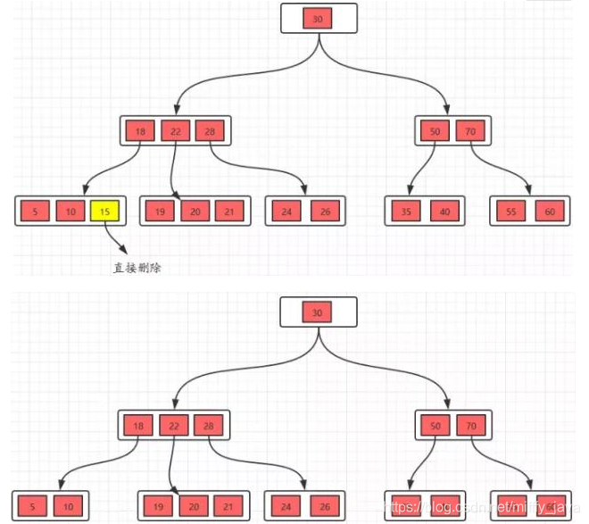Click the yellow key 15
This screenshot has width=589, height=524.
tap(105, 212)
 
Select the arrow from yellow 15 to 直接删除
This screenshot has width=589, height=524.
tap(114, 239)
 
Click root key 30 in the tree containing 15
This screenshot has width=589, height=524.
tap(319, 19)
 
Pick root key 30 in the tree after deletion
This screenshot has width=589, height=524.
tap(319, 312)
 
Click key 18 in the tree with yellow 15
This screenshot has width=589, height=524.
tap(139, 131)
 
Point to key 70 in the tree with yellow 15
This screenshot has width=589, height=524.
tap(469, 131)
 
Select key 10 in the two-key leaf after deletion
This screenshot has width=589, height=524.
tap(67, 505)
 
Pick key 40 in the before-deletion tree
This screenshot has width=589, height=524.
tap(444, 212)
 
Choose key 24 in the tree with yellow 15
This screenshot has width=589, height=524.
tap(286, 212)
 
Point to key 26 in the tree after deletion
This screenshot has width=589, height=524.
tap(324, 505)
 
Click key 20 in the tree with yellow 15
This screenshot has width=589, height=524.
tap(195, 212)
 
